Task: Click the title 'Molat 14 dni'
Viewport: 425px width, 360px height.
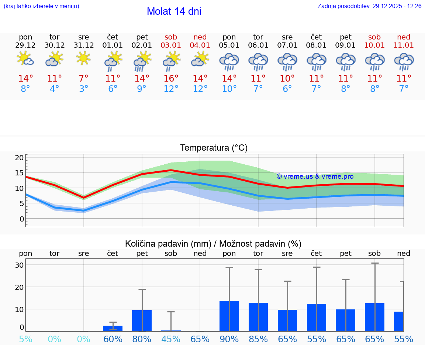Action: click(x=174, y=11)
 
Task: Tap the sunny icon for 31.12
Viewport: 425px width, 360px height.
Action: click(x=84, y=58)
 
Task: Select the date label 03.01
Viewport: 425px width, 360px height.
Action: click(x=171, y=45)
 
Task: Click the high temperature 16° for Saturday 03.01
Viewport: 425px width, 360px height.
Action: click(x=171, y=79)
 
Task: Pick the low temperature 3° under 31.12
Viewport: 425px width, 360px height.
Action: click(x=84, y=89)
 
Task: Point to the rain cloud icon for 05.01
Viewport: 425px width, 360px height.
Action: click(x=229, y=62)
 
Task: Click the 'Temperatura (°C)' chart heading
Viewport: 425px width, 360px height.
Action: click(x=214, y=148)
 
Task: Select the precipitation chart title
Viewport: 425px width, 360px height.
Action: click(x=213, y=244)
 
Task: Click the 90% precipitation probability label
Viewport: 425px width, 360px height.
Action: click(x=229, y=339)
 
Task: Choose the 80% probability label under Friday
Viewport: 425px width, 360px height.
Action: click(x=142, y=339)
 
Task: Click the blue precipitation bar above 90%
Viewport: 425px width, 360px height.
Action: click(x=229, y=316)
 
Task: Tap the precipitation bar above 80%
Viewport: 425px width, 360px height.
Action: click(x=142, y=320)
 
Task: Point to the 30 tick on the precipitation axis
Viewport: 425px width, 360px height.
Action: click(x=19, y=265)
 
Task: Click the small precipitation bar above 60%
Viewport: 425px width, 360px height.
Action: click(x=113, y=328)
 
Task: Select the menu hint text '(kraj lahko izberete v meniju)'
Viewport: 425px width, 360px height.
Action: click(x=41, y=6)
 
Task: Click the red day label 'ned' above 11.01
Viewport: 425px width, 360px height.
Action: click(x=404, y=37)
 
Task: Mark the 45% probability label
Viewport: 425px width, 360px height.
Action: click(x=171, y=339)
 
